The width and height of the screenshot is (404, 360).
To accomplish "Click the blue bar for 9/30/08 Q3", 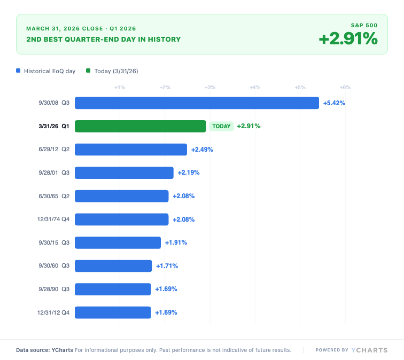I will click(x=197, y=103).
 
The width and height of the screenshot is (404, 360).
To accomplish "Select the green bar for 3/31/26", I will click(x=140, y=126).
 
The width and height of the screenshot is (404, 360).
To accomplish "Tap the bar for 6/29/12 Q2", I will click(x=131, y=150).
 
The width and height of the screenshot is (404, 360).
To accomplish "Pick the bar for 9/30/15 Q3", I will click(x=118, y=242).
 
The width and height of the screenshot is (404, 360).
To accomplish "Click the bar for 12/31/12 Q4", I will click(x=113, y=312).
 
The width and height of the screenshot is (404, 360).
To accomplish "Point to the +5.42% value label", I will click(x=334, y=103).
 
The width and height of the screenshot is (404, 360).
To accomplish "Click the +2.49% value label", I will click(x=202, y=150).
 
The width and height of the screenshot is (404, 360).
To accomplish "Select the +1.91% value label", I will click(x=176, y=242).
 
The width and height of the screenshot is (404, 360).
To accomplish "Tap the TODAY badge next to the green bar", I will click(x=221, y=127).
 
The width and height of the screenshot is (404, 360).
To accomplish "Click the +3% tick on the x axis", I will click(x=210, y=87).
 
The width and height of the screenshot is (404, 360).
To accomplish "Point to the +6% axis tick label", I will click(x=345, y=87).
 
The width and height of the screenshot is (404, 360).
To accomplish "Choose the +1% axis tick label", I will click(x=120, y=87).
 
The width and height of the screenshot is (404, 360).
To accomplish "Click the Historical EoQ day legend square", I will click(x=19, y=71).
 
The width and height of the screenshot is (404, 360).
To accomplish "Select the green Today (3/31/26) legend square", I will click(x=88, y=71).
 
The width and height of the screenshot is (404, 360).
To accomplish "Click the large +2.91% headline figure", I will click(x=348, y=39).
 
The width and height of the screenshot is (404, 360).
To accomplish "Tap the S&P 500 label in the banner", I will click(x=364, y=25).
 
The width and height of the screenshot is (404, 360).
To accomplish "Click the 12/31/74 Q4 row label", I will click(x=53, y=220).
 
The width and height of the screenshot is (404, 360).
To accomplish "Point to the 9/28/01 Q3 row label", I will click(x=53, y=173).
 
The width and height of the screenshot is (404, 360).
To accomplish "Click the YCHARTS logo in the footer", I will click(x=369, y=350).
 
